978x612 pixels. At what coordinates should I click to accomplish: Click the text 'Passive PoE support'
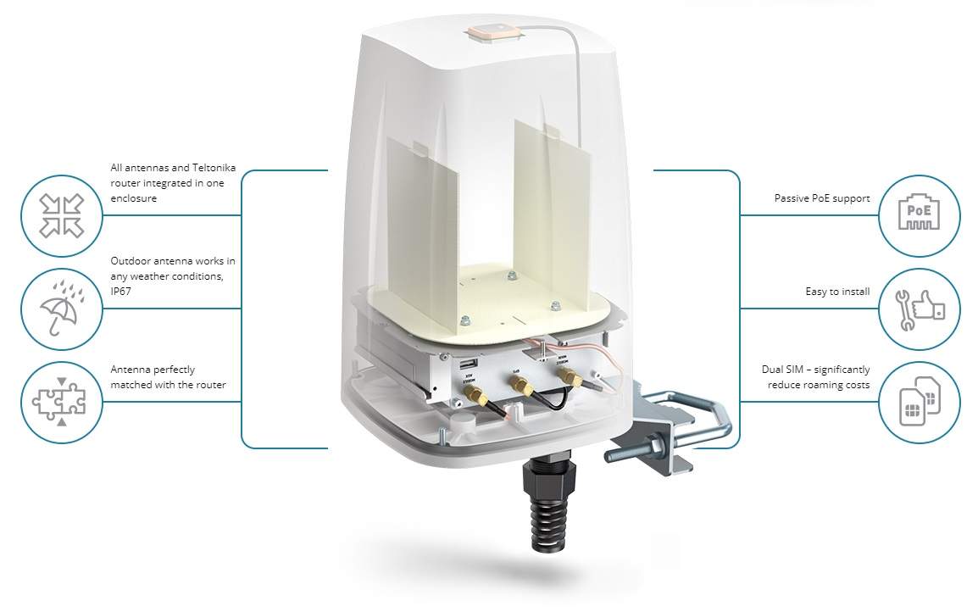[x=821, y=198]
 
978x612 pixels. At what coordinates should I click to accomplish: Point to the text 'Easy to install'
[x=837, y=292]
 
